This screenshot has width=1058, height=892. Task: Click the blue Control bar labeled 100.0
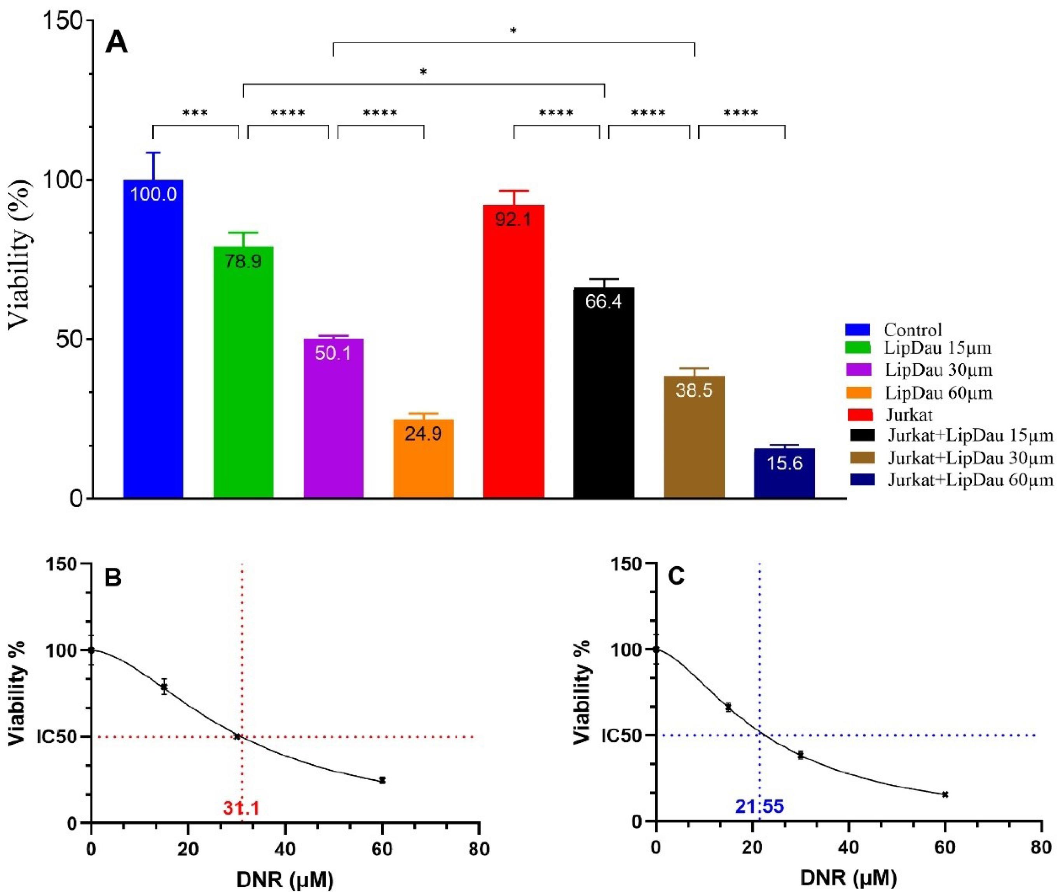click(x=153, y=339)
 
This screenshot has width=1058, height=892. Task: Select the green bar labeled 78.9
click(x=243, y=372)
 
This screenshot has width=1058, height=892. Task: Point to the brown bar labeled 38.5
click(x=694, y=437)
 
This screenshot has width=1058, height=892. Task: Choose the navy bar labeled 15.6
click(x=784, y=473)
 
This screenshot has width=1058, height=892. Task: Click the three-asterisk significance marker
click(x=195, y=113)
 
